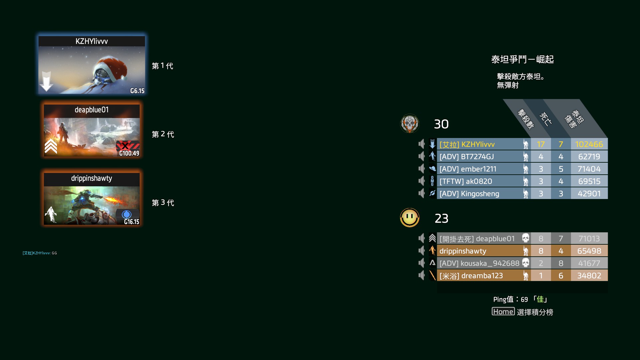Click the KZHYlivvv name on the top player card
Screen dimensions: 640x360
92,41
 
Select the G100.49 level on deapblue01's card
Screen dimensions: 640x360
129,153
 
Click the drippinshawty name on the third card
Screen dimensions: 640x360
92,178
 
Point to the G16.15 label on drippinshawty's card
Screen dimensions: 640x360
132,222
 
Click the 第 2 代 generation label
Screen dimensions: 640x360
163,134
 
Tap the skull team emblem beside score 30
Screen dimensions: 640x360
410,124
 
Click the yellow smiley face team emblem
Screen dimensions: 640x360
410,218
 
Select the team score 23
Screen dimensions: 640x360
442,219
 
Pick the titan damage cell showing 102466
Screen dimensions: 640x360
589,144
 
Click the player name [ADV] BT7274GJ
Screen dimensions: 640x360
467,157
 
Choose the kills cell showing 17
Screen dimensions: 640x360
541,144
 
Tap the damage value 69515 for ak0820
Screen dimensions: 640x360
589,181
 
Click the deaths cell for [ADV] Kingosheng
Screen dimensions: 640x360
561,194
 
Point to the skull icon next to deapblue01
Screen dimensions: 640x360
526,238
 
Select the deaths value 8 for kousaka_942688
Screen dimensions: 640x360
561,263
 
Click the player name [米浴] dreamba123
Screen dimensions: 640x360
471,276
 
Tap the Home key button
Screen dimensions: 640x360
503,312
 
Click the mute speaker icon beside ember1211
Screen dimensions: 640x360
422,169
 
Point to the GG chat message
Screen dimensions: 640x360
54,253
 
